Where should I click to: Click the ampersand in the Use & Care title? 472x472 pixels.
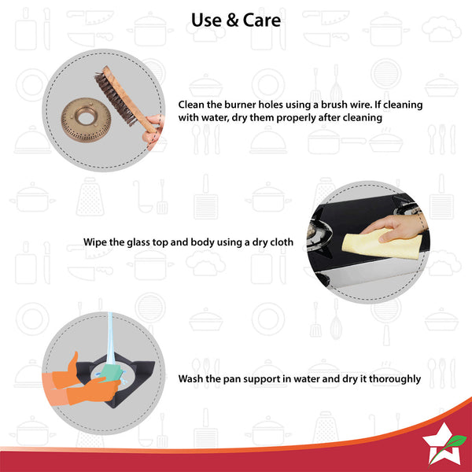pos(232,20)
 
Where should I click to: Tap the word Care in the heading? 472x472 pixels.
pos(262,20)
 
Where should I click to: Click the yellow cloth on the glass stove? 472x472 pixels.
pos(382,244)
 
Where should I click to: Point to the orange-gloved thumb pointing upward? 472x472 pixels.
pos(73,361)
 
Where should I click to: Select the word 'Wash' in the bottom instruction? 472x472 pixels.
pos(190,378)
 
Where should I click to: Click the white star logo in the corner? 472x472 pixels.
pos(442,444)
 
